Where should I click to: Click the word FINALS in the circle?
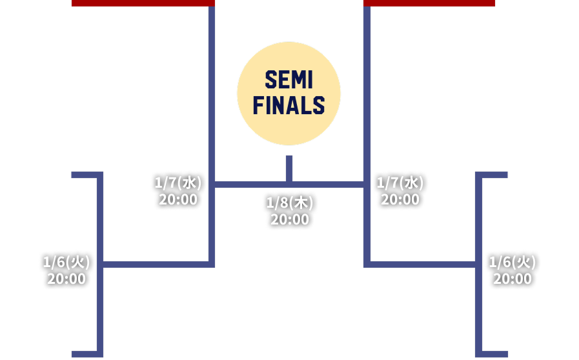289,105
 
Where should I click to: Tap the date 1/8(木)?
289,203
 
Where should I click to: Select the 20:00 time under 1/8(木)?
289,220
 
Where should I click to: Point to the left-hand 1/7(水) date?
178,183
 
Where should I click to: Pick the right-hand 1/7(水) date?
400,183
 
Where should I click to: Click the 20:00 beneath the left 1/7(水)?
178,199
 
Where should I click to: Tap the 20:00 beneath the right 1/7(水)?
400,199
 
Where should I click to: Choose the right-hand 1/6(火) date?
513,262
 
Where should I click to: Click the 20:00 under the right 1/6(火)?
513,279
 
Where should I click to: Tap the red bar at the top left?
143,3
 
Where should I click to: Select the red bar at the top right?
429,3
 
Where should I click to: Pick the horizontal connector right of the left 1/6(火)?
155,264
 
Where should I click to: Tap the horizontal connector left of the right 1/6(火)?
423,264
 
